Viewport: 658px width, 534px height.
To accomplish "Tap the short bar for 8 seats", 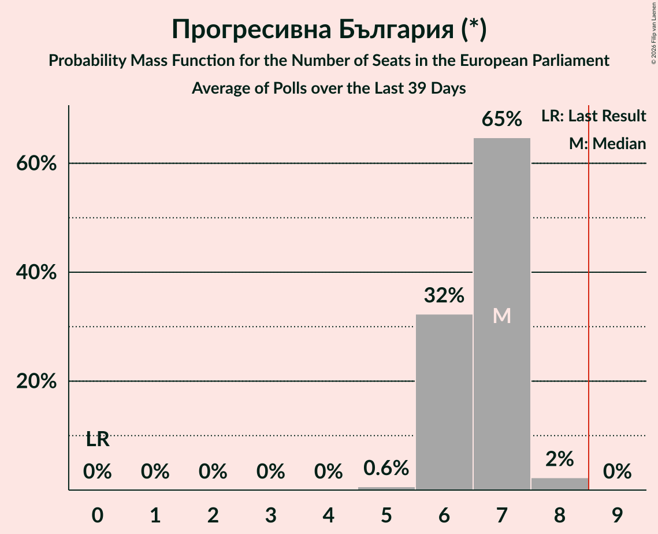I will (559, 484).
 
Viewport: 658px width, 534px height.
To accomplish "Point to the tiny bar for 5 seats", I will (386, 488).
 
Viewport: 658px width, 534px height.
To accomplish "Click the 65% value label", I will (501, 120).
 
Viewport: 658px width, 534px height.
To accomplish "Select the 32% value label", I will (444, 296).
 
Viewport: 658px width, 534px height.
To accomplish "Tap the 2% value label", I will (559, 459).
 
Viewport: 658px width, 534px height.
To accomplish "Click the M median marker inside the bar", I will (501, 316).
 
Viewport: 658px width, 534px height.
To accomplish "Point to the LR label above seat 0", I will (97, 440).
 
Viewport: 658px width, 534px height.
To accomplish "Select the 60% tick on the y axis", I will (36, 164).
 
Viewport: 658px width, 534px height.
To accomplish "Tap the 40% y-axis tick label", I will (36, 272).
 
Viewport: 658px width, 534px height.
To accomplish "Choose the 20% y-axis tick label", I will (36, 381).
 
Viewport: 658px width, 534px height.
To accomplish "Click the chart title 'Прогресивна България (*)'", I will (329, 30).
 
